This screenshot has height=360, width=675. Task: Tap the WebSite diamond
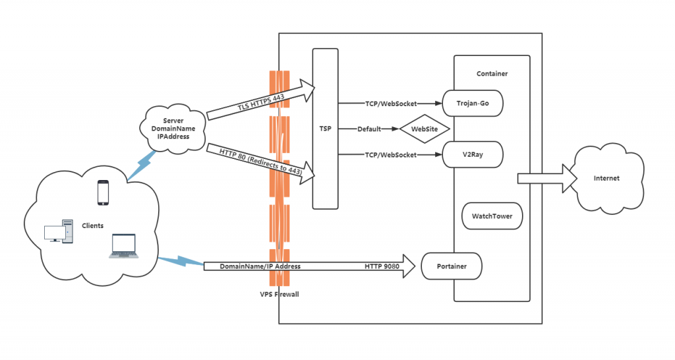pos(424,129)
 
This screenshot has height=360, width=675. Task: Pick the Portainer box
pos(452,266)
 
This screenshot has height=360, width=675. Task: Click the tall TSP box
pos(325,129)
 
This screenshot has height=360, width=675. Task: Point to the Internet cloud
pos(606,178)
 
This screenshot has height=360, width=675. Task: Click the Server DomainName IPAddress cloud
pos(169,128)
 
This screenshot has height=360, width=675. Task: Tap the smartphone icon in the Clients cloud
pos(103,193)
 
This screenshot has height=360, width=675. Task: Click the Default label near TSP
pos(369,129)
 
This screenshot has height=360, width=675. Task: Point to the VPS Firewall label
pos(279,294)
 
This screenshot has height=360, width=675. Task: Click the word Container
pos(492,74)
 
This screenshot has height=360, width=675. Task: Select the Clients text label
pos(92,225)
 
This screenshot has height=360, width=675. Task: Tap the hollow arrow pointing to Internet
pos(543,178)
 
